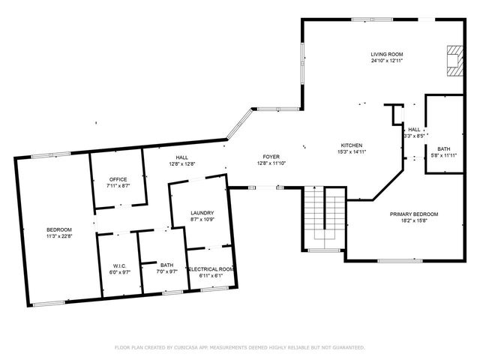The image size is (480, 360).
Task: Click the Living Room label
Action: tap(387, 54)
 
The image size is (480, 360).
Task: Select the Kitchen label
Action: tap(352, 145)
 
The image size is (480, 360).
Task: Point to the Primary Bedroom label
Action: tap(414, 214)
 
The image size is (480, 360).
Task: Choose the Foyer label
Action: tap(271, 156)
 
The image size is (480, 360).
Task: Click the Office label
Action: tap(118, 179)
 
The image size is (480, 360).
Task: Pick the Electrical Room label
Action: tap(211, 269)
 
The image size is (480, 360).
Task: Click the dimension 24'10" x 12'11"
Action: tap(387, 61)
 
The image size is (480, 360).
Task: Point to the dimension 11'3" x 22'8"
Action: tap(59, 236)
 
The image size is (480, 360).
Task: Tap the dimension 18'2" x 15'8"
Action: tap(414, 220)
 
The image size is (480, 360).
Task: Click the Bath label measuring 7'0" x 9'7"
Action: tap(166, 265)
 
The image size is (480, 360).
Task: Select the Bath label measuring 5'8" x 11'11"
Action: tap(444, 148)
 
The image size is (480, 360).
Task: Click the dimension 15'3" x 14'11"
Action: tap(352, 152)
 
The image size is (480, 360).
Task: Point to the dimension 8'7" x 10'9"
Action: tap(202, 220)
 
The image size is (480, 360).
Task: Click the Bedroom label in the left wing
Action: tap(59, 229)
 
